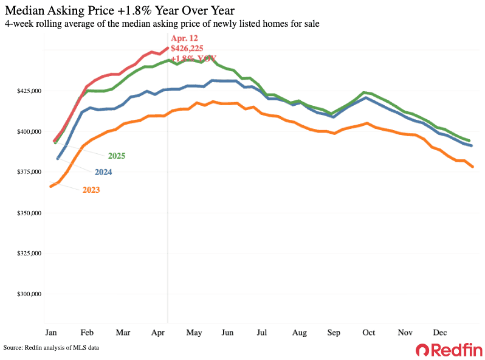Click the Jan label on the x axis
pos(51,333)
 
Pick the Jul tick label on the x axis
pos(263,333)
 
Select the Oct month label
pos(368,333)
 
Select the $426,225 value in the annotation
pos(188,49)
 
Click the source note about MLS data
pos(51,347)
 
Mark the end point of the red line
pos(168,48)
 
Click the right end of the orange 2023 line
pos(472,167)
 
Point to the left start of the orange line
pos(51,186)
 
